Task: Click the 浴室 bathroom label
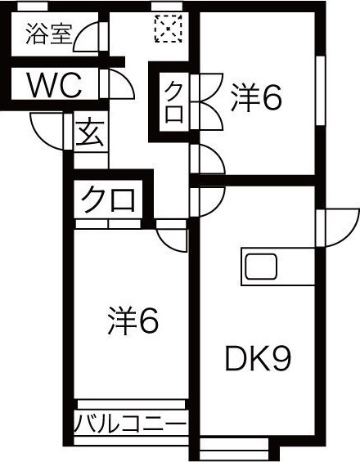pyautogui.click(x=48, y=34)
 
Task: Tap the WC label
pyautogui.click(x=55, y=85)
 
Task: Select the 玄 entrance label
pyautogui.click(x=90, y=134)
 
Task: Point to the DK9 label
pyautogui.click(x=258, y=359)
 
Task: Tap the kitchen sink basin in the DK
pyautogui.click(x=261, y=267)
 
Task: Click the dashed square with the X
pyautogui.click(x=168, y=29)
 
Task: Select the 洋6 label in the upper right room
pyautogui.click(x=256, y=100)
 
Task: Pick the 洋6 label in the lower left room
pyautogui.click(x=133, y=321)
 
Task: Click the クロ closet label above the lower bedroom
pyautogui.click(x=108, y=200)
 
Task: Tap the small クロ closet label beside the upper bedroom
pyautogui.click(x=174, y=101)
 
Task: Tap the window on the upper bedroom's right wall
pyautogui.click(x=321, y=91)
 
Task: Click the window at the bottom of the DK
pyautogui.click(x=234, y=448)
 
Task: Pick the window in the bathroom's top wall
pyautogui.click(x=33, y=7)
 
